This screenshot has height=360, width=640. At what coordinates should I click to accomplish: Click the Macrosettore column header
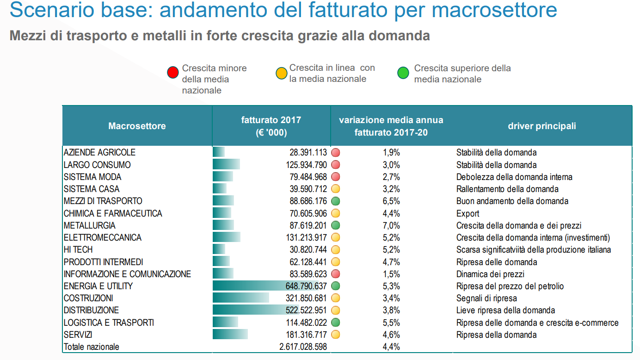137,126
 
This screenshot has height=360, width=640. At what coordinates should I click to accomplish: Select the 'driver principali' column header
542,126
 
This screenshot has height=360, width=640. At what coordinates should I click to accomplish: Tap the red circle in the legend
173,73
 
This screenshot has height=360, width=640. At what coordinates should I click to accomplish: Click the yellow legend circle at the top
281,73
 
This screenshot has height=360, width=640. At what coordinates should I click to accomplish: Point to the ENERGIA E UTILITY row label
98,286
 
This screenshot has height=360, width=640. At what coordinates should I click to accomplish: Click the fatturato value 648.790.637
306,286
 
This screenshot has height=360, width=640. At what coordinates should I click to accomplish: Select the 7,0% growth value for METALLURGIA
391,226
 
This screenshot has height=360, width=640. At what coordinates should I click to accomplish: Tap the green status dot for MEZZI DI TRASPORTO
336,201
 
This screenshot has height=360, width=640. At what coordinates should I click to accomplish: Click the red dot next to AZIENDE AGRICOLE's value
336,152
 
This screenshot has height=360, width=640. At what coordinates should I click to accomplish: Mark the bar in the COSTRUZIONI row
241,298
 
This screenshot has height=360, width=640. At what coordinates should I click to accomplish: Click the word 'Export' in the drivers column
468,214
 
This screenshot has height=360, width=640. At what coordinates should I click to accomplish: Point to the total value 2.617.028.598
303,347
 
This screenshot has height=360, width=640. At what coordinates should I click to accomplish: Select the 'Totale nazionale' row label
92,347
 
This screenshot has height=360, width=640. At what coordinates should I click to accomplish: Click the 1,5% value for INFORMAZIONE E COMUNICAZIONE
391,274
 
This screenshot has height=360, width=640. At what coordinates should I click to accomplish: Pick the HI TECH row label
78,250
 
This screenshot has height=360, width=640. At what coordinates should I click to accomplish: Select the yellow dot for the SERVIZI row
336,335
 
